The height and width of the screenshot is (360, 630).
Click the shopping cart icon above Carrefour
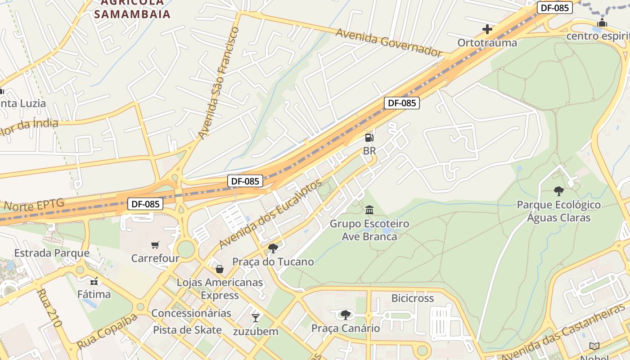click(x=155, y=245)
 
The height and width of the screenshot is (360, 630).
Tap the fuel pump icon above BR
click(x=369, y=138)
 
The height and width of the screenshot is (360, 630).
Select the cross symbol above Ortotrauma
click(x=487, y=30)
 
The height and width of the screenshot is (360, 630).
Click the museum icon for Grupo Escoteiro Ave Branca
click(x=369, y=210)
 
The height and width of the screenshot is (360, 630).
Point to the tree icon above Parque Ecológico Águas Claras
click(x=558, y=191)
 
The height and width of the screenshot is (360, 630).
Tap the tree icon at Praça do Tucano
click(x=273, y=248)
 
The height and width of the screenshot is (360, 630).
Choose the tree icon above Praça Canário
click(x=345, y=315)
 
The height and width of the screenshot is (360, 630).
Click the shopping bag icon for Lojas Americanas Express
click(x=220, y=269)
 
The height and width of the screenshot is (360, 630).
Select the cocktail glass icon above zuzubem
click(x=256, y=318)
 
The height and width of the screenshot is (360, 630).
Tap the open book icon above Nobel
click(x=594, y=346)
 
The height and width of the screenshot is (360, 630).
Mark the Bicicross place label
click(x=412, y=298)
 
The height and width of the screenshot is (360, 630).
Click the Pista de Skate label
click(x=187, y=330)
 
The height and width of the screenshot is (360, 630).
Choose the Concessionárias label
click(x=191, y=313)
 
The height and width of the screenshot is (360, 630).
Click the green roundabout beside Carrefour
click(x=185, y=249)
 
